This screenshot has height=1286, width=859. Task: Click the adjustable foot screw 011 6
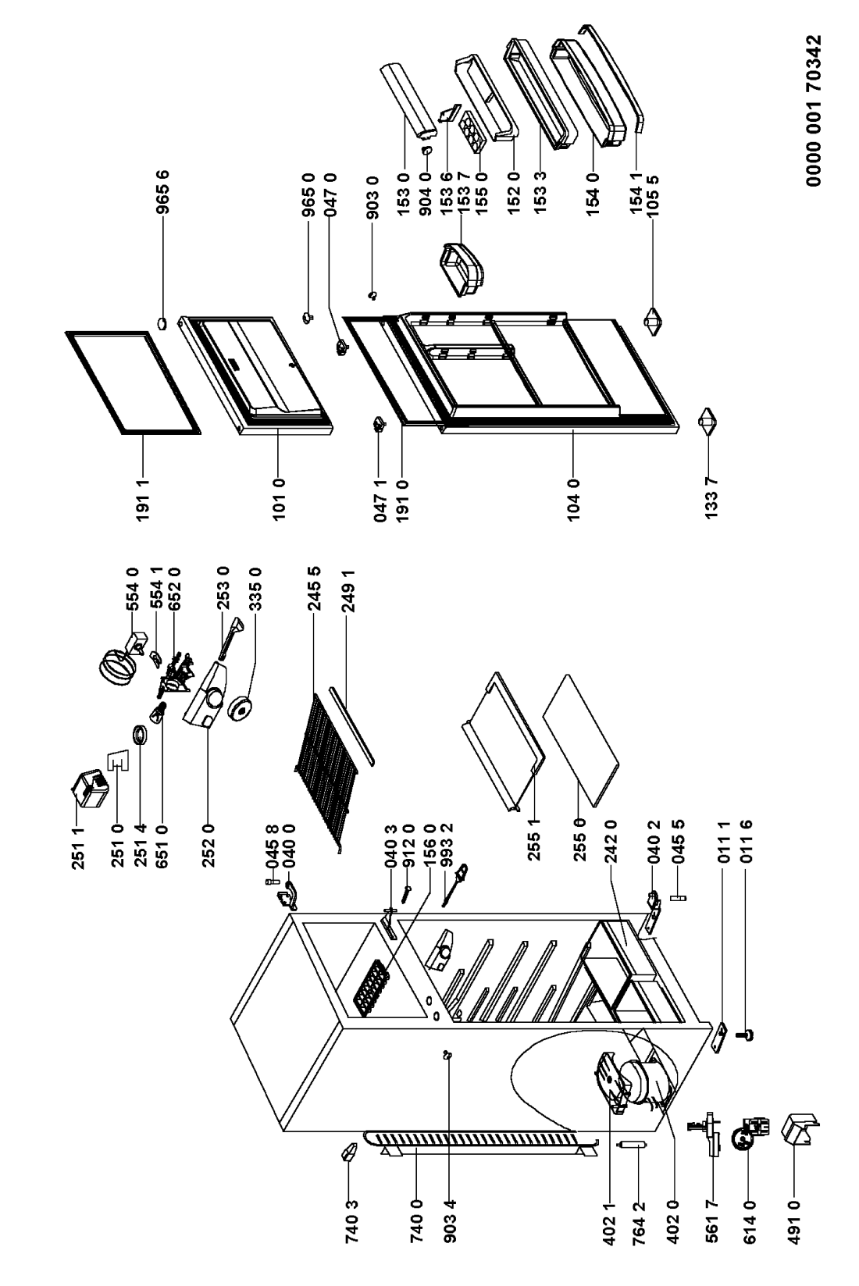click(x=747, y=1036)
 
